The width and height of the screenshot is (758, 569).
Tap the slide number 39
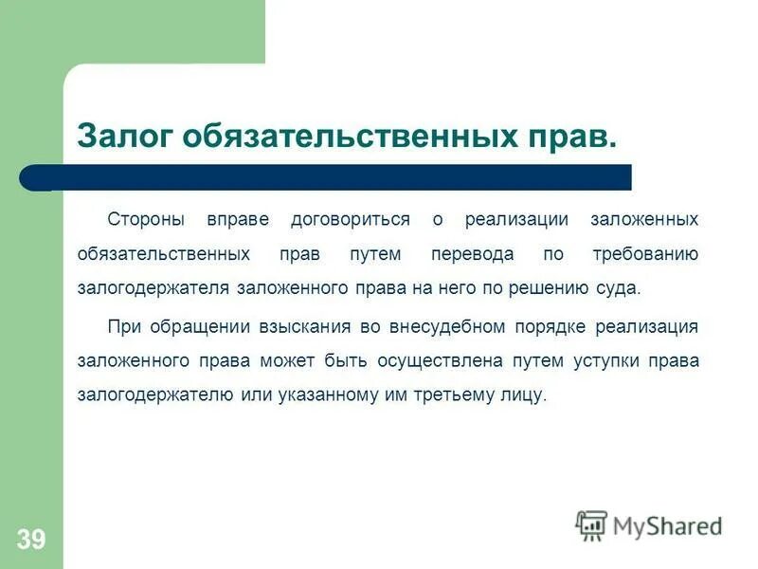30,540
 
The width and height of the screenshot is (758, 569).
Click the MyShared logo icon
592,524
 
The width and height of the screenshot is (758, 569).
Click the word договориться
351,220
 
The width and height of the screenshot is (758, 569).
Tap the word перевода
473,254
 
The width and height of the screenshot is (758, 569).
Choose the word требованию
645,254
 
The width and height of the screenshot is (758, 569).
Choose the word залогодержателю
153,395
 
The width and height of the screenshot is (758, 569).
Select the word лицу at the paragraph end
526,395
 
